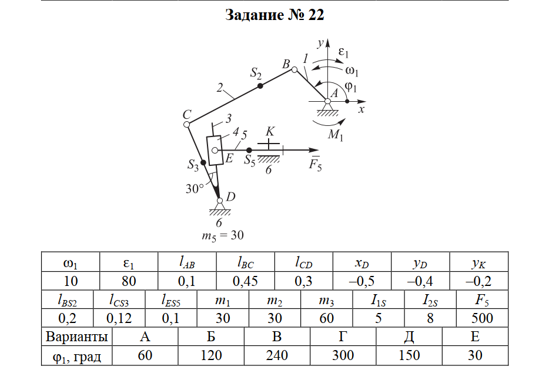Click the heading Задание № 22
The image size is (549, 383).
(x=274, y=15)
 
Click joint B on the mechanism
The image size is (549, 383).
(x=295, y=69)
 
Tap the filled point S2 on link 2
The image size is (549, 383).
(x=260, y=86)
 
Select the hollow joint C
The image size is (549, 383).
(x=187, y=124)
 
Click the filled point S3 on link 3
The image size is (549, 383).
(x=203, y=162)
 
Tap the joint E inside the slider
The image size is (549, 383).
(x=215, y=151)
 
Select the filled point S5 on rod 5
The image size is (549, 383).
(x=249, y=151)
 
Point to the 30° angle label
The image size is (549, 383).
(x=195, y=188)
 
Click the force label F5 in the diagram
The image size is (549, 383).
(x=315, y=165)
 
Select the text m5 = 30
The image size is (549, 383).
(x=222, y=236)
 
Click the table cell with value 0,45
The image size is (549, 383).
(x=245, y=281)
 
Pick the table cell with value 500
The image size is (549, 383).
(x=482, y=318)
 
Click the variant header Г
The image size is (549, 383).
(x=343, y=337)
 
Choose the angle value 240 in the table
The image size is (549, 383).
(x=277, y=356)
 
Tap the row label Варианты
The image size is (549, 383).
(x=77, y=337)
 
